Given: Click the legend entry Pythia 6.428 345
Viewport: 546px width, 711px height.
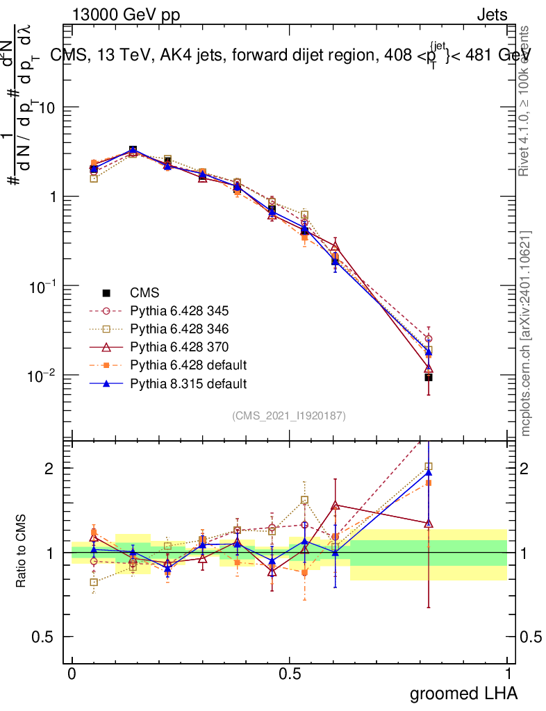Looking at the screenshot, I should coord(179,310).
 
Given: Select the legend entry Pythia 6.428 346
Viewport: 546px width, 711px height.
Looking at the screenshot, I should coord(179,328).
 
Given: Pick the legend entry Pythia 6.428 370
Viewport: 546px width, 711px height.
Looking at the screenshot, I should coord(179,346).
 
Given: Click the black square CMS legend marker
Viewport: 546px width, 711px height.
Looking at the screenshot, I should coord(106,292).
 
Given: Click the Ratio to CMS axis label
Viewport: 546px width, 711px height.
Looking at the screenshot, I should coord(22,553).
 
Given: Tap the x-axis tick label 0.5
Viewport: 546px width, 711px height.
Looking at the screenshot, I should coord(290,674).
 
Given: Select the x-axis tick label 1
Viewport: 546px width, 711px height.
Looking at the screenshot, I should coord(508,674).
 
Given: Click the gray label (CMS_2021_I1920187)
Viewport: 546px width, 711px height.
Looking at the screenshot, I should coord(289,415).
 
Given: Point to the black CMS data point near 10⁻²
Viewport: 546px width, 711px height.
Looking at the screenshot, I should coord(429,377).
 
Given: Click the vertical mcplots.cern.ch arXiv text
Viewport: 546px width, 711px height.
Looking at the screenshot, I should coord(526,333).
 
